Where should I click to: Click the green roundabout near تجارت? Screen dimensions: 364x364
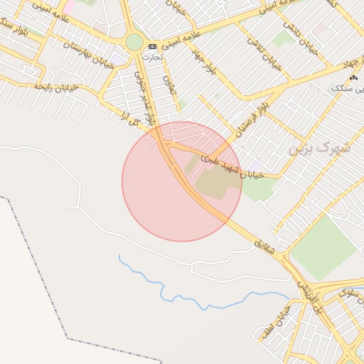coord(134,43)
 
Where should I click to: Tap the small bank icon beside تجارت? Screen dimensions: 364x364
coord(152,46)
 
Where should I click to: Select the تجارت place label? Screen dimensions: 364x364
coord(150,56)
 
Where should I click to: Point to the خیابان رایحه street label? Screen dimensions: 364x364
coord(55,87)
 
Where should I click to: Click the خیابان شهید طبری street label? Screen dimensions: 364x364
coord(232,166)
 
